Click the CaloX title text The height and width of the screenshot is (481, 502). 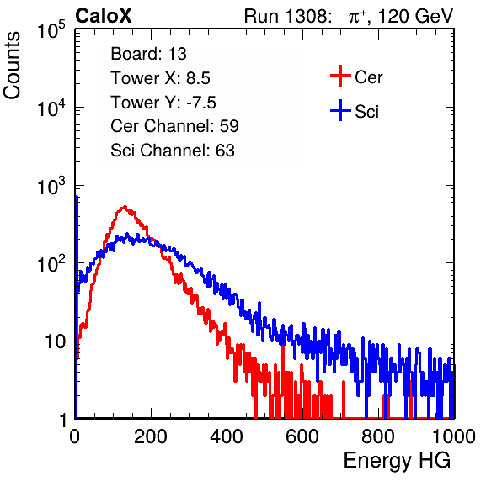point(104,16)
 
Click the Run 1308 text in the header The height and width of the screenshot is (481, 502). point(286,16)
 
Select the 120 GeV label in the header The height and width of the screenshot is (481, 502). point(415,16)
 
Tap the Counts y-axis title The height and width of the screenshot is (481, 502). point(12,66)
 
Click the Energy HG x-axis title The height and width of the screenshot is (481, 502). point(397,461)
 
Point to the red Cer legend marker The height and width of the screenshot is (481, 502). point(340,76)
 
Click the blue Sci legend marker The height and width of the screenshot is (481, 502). point(340,110)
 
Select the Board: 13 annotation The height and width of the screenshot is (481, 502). point(148,54)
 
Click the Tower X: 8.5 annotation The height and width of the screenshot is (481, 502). point(160,78)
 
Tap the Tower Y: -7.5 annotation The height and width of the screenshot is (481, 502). point(163,103)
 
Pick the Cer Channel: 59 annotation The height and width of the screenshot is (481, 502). point(174,126)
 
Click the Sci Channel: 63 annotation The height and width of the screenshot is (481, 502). point(173,151)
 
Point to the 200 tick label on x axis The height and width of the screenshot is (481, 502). point(151,436)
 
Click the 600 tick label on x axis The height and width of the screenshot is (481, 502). point(302,436)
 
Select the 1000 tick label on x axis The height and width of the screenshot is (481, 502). point(454,436)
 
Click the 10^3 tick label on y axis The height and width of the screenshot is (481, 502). point(51,187)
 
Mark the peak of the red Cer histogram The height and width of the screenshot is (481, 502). point(125,207)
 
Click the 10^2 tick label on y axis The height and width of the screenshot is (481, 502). point(51,264)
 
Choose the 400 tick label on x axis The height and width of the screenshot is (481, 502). point(227,436)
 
